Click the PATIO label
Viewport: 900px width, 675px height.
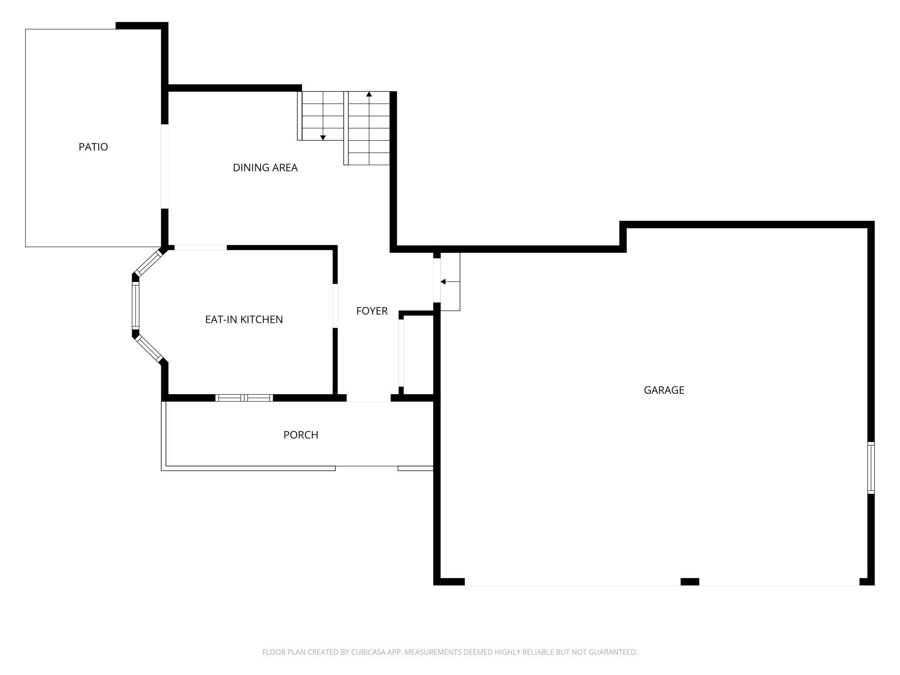point(93,147)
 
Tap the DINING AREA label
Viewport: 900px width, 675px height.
point(265,167)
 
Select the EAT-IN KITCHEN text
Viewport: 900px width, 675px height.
point(244,319)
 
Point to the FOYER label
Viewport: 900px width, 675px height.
point(372,311)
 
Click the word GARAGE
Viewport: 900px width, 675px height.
point(664,390)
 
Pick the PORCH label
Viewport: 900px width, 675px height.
point(301,435)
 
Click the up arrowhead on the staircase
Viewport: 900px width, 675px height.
point(369,94)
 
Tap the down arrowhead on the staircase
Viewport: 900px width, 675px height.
point(323,138)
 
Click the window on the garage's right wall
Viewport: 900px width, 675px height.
point(871,468)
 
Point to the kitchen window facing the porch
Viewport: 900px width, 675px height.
point(244,398)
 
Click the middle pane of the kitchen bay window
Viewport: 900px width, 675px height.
point(135,305)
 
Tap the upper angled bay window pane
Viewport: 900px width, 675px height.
point(147,263)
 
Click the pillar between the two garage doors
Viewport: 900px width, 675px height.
point(690,582)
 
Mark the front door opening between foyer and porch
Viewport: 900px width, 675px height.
point(369,399)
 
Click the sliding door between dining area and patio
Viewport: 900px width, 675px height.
point(164,167)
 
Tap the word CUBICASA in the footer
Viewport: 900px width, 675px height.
point(369,652)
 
